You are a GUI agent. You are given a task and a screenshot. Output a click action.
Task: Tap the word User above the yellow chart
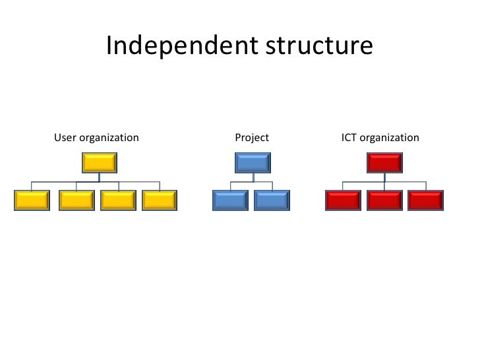(65, 138)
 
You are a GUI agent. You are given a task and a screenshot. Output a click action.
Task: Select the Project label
(252, 138)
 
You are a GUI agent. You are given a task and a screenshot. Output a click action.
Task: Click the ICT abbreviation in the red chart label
(349, 138)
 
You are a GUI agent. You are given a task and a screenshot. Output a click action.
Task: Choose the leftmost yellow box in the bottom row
(32, 200)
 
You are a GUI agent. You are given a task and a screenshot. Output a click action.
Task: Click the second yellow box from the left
(76, 200)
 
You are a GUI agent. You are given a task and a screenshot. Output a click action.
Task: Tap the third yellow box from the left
(118, 200)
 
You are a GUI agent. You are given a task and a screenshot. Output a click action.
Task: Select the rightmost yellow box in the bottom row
(160, 200)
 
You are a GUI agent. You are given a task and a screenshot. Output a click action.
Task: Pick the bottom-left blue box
(229, 200)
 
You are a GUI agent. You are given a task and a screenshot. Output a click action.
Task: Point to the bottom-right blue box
(272, 200)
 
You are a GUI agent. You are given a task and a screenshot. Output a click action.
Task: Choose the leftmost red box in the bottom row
(344, 200)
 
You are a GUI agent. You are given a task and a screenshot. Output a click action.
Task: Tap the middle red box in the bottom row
(384, 200)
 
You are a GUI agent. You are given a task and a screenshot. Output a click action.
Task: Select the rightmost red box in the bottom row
(425, 200)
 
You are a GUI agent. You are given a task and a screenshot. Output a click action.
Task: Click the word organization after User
(109, 138)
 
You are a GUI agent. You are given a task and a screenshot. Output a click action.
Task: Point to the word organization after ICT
(389, 138)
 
